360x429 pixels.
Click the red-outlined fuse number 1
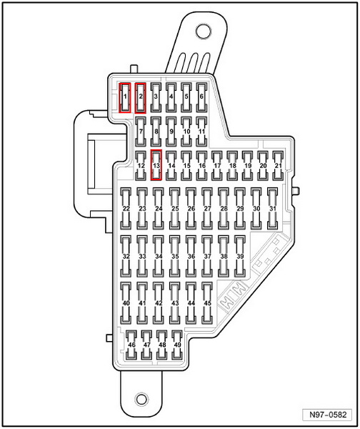(x=125, y=98)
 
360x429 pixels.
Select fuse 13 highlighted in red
(x=156, y=165)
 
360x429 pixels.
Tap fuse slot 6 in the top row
(x=201, y=98)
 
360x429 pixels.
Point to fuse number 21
(x=279, y=166)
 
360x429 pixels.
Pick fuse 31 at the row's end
(x=273, y=208)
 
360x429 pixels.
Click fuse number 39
(x=240, y=257)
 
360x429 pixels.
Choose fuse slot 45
(x=207, y=303)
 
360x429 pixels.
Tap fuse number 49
(x=177, y=345)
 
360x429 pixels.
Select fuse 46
(x=131, y=345)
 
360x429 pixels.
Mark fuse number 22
(x=126, y=208)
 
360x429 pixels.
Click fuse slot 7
(x=141, y=132)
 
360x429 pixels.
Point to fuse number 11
(x=201, y=132)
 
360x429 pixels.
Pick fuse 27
(x=207, y=208)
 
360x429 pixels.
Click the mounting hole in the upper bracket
(x=204, y=31)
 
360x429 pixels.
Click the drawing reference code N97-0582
(x=328, y=415)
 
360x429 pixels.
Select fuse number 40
(x=126, y=303)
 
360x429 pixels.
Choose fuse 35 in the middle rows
(x=175, y=257)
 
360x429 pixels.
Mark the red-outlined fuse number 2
(x=141, y=98)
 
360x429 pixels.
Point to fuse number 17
(x=217, y=166)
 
